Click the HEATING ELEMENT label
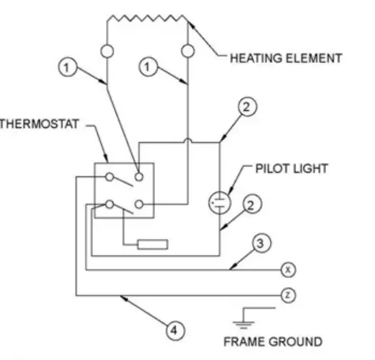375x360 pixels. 285,59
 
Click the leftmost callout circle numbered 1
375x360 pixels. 65,68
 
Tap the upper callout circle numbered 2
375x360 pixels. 245,108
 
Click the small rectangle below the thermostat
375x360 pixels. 153,244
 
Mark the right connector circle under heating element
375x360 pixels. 188,51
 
